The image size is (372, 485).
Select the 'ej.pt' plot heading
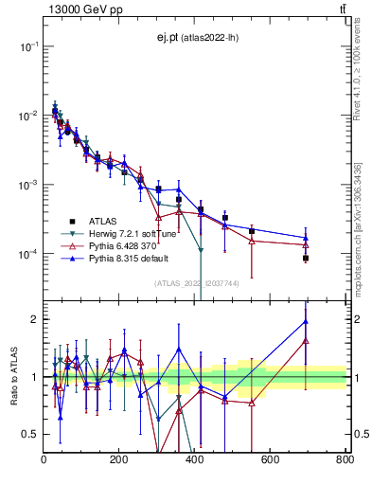(x=195, y=38)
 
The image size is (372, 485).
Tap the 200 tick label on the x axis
(x=119, y=459)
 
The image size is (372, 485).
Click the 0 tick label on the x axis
(x=44, y=459)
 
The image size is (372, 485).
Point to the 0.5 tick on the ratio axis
(x=31, y=434)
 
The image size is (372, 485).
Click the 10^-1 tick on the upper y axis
(x=28, y=45)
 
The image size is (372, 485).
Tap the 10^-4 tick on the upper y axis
(x=28, y=254)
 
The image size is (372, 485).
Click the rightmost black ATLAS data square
(x=306, y=258)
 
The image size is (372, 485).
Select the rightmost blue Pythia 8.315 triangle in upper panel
(x=306, y=238)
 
